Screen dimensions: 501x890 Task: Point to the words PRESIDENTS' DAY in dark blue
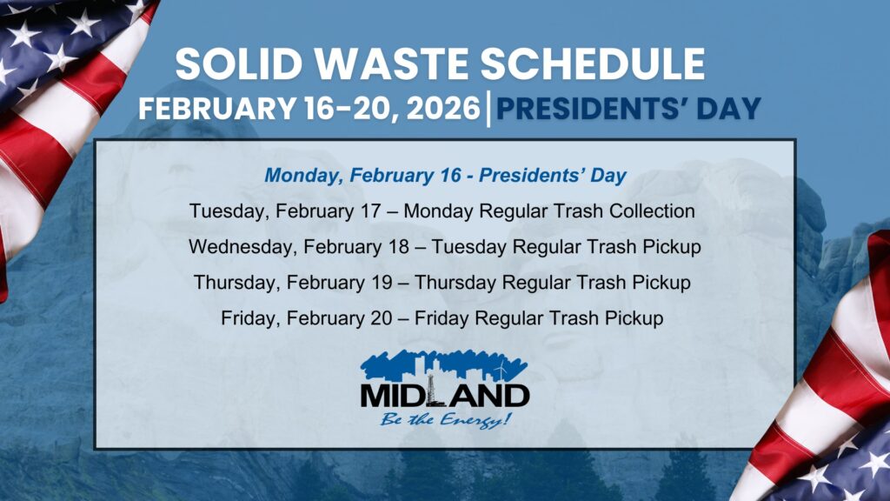(x=629, y=109)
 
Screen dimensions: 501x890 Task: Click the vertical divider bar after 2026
(x=488, y=109)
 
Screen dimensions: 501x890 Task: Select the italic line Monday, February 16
(x=445, y=176)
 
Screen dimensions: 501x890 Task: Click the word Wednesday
(x=242, y=247)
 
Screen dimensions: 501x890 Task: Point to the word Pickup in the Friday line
(x=634, y=318)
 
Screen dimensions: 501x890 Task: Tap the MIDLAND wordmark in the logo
(x=445, y=395)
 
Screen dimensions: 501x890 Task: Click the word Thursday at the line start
(x=229, y=283)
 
